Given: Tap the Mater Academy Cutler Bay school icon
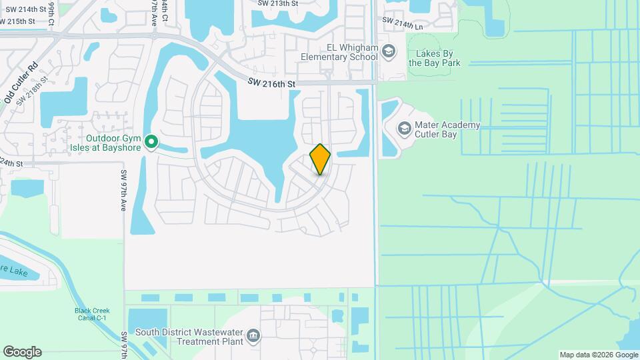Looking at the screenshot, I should click(404, 127).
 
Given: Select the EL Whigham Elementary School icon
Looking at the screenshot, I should click(388, 51).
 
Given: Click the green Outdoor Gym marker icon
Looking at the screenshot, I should click(151, 141).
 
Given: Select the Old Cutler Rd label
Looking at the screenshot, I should click(21, 83).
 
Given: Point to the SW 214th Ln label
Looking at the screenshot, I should click(401, 26).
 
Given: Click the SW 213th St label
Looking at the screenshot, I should click(278, 3).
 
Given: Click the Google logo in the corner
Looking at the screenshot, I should click(22, 352).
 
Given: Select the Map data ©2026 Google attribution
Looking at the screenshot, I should click(599, 355).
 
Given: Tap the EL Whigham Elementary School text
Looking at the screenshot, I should click(339, 52).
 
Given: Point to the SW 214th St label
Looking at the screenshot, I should click(26, 10).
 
